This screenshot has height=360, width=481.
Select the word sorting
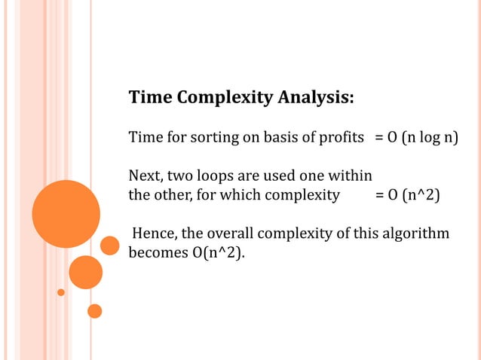click(x=215, y=139)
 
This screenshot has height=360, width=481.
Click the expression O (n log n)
click(x=423, y=139)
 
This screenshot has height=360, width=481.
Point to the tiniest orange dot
click(x=61, y=292)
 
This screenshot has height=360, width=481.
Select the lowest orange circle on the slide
click(x=94, y=310)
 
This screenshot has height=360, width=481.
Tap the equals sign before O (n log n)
click(x=379, y=139)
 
